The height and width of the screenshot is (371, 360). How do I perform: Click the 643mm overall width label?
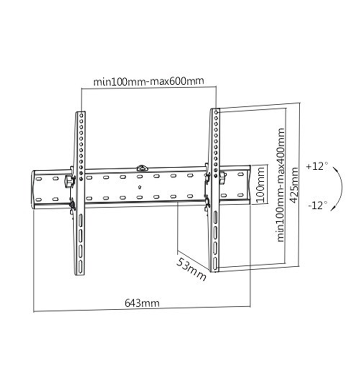click(142, 303)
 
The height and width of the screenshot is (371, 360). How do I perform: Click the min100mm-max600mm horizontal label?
click(149, 81)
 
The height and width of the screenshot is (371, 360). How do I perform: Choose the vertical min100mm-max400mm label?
click(281, 185)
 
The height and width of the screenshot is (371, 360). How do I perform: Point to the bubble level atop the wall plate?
click(142, 168)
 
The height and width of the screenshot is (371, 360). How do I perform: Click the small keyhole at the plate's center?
click(140, 187)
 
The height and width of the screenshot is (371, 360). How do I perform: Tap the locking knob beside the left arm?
click(70, 181)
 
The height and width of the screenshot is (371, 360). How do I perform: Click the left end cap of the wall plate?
click(34, 190)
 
